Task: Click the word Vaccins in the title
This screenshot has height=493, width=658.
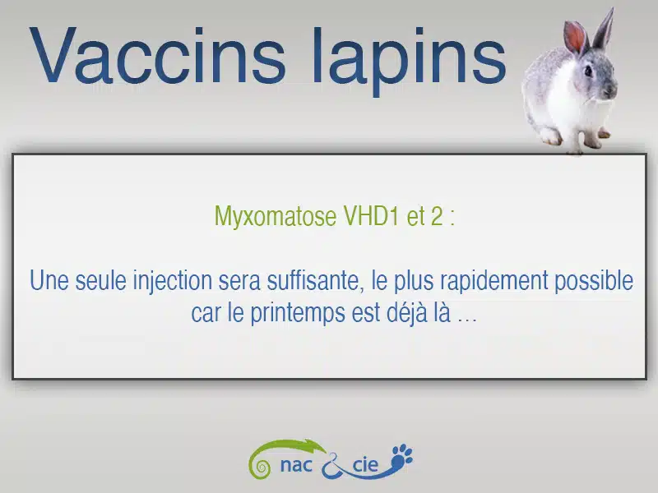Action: tap(157, 55)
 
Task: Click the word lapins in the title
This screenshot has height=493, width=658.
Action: tap(409, 61)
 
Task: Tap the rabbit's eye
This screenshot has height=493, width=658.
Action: tap(588, 71)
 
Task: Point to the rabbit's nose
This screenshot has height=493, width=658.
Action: tap(613, 89)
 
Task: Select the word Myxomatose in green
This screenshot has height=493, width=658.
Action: tap(276, 217)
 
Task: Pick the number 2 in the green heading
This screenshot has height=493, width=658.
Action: tap(436, 216)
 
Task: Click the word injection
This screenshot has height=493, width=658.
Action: tap(173, 281)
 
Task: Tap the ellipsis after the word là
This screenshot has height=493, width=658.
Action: tap(467, 320)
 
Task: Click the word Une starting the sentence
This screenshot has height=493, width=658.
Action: tap(49, 280)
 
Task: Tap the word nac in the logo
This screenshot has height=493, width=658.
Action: tap(296, 465)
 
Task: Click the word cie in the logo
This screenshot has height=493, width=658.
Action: tap(365, 464)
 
